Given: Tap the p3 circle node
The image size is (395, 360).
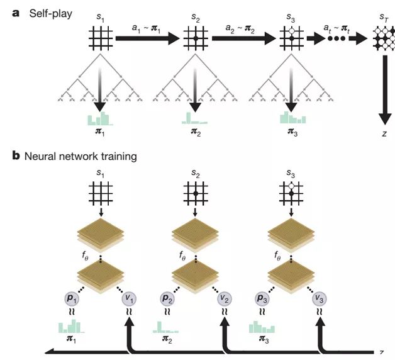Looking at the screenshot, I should pos(264,298).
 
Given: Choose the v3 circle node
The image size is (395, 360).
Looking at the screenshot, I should pos(321,298).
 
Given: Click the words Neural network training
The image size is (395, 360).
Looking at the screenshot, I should pos(81,155).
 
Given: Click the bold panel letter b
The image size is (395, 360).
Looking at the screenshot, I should pos(16,155).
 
